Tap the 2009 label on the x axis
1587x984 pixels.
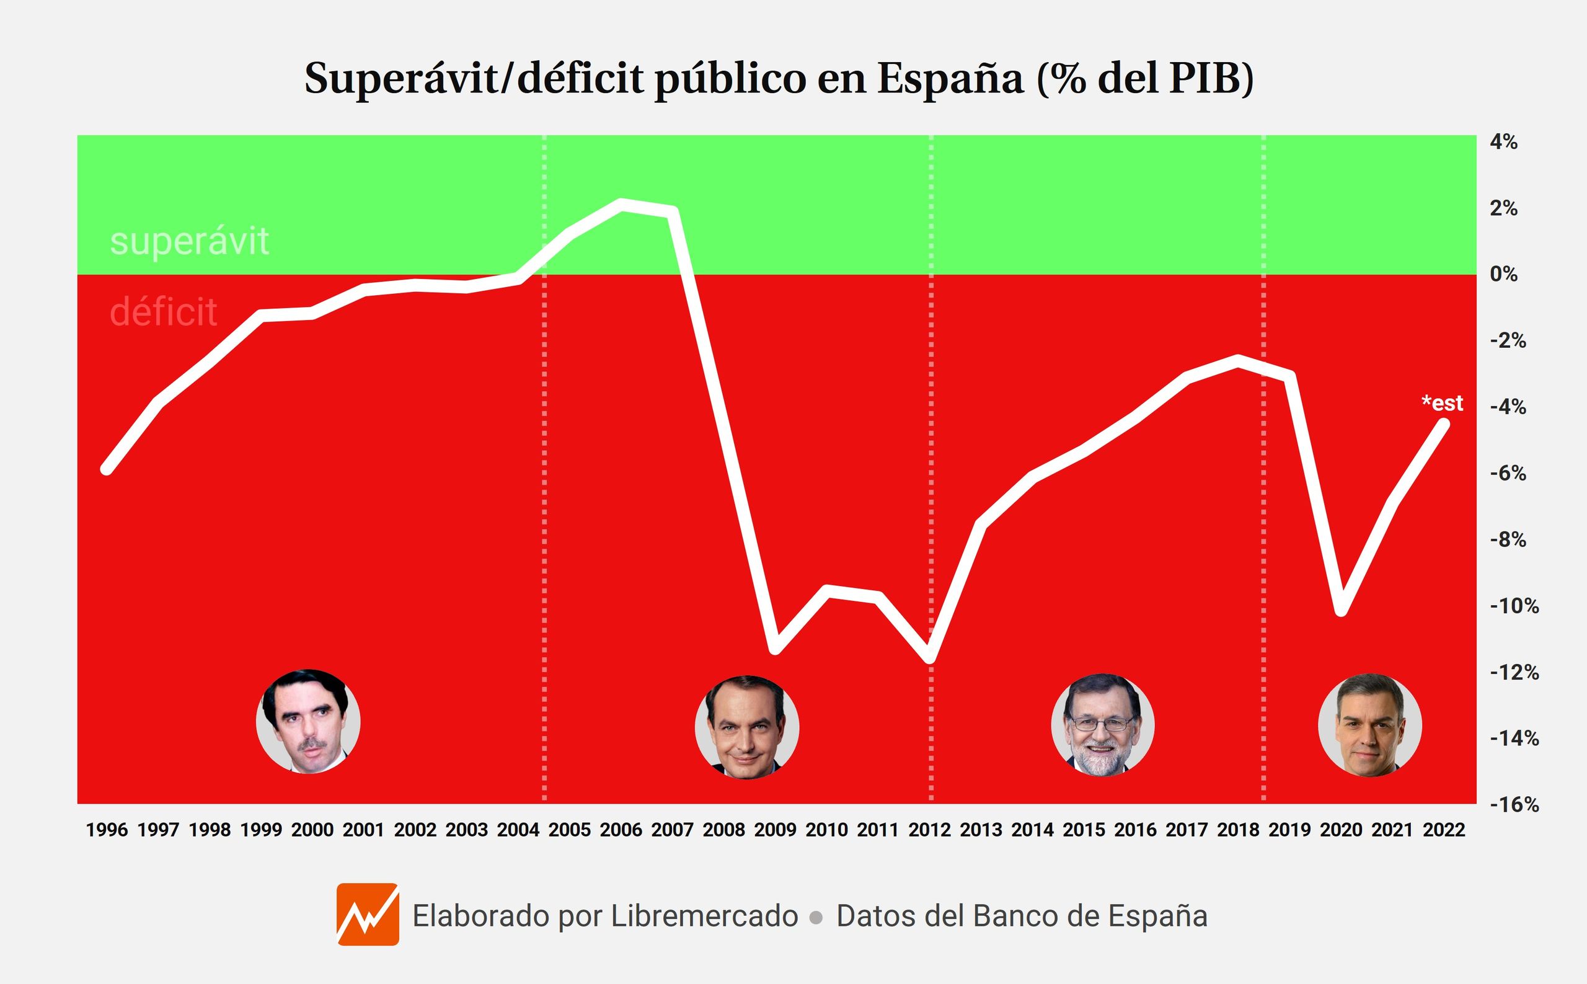775,830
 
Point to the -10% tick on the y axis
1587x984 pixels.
1514,606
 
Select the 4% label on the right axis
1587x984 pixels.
1504,142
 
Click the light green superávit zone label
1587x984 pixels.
189,241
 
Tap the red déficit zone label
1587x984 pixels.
163,312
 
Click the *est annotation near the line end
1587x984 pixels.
1442,403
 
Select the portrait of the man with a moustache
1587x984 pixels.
309,721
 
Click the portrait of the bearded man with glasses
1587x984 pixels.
1103,724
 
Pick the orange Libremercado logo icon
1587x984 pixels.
368,914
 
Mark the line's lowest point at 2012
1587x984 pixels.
931,659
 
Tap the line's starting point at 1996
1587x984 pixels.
107,469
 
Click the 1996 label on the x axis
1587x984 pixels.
107,830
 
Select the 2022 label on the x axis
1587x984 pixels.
1444,830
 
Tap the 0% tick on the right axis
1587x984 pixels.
1504,274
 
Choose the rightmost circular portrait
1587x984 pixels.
1369,724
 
